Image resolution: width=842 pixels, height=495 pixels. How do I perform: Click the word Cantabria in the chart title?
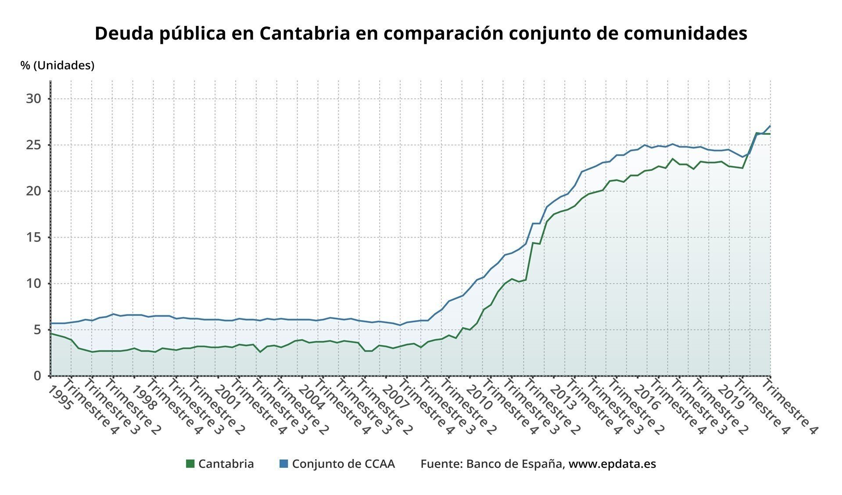click(304, 33)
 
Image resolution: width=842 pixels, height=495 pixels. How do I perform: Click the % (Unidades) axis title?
click(57, 65)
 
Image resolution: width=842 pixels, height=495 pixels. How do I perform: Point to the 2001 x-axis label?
click(227, 398)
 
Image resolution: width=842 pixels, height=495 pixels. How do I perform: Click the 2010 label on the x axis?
click(479, 398)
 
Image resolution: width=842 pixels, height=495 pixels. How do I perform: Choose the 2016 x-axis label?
click(646, 398)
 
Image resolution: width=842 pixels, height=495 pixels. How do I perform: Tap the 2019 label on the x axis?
click(731, 398)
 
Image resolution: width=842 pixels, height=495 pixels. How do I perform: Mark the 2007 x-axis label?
click(395, 398)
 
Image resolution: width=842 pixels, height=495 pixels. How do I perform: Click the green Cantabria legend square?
click(190, 463)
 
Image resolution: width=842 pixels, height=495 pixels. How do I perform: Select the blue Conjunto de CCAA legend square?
click(283, 463)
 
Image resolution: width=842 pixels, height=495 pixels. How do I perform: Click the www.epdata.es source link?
click(612, 464)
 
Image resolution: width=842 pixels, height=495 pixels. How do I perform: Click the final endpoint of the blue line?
click(770, 126)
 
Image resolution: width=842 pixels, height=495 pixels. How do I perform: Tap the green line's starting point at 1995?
click(51, 334)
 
